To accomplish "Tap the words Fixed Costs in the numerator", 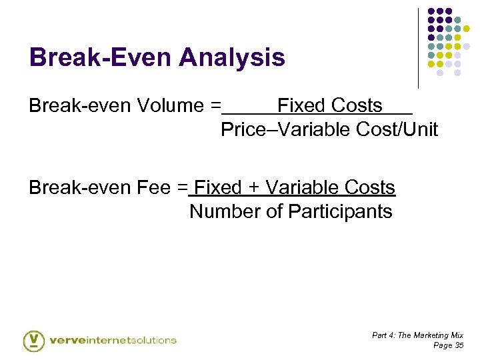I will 330,105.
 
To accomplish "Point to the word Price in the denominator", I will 243,129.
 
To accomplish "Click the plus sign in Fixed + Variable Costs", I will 253,188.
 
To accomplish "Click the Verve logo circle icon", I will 33,340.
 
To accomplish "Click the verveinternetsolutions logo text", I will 113,340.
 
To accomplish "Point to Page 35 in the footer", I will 448,345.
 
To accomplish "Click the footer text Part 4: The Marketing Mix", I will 417,335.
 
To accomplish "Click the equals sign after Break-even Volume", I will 215,105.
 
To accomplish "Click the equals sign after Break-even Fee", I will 183,188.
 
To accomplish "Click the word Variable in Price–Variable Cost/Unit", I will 311,129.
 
